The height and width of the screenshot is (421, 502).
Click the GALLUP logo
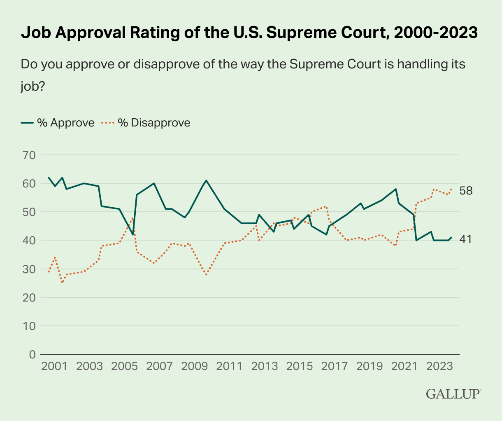[x=453, y=394]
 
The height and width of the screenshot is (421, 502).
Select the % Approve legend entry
[x=58, y=123]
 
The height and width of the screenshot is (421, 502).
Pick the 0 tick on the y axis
[x=32, y=354]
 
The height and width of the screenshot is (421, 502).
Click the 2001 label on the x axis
[x=54, y=367]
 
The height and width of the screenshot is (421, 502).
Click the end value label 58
[x=466, y=191]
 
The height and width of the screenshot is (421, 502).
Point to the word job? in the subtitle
[x=33, y=87]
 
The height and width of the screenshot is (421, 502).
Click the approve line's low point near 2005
[x=133, y=235]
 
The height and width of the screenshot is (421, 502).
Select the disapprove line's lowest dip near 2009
[x=206, y=275]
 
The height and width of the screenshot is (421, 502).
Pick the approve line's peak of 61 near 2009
[x=206, y=180]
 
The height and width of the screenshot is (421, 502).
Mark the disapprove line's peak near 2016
[x=326, y=206]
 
